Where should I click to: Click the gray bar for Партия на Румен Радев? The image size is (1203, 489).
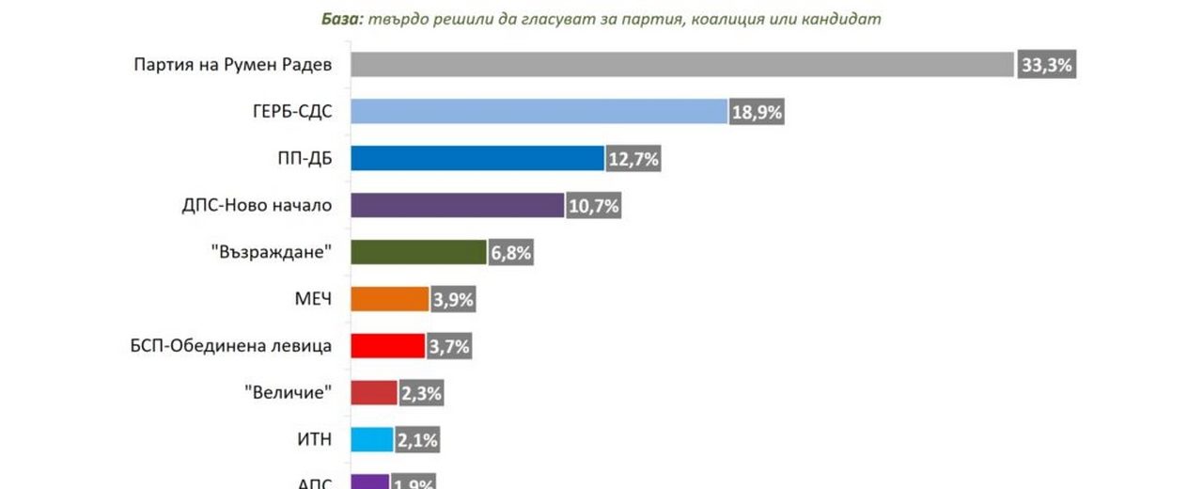click(682, 65)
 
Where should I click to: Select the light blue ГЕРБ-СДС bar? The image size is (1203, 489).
click(539, 111)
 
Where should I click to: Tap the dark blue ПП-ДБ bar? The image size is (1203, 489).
click(477, 158)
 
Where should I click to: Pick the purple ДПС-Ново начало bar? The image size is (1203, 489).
click(458, 205)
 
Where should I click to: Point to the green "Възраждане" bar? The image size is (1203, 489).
click(418, 252)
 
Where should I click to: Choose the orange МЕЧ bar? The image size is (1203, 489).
click(390, 299)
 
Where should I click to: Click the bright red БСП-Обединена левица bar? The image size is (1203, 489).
click(388, 346)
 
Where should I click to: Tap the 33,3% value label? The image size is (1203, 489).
click(1045, 66)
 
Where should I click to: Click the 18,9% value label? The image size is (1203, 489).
click(757, 113)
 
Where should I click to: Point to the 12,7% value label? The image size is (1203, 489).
click(633, 160)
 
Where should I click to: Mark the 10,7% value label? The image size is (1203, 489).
click(593, 206)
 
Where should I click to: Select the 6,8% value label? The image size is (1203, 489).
click(511, 253)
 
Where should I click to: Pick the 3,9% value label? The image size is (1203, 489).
click(453, 300)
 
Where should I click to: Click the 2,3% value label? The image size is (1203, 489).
click(421, 393)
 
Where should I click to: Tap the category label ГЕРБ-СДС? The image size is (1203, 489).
click(286, 111)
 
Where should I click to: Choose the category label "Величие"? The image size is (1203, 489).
click(288, 392)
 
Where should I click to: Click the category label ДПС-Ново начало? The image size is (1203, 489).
click(257, 205)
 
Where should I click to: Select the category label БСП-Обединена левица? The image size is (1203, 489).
click(231, 346)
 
